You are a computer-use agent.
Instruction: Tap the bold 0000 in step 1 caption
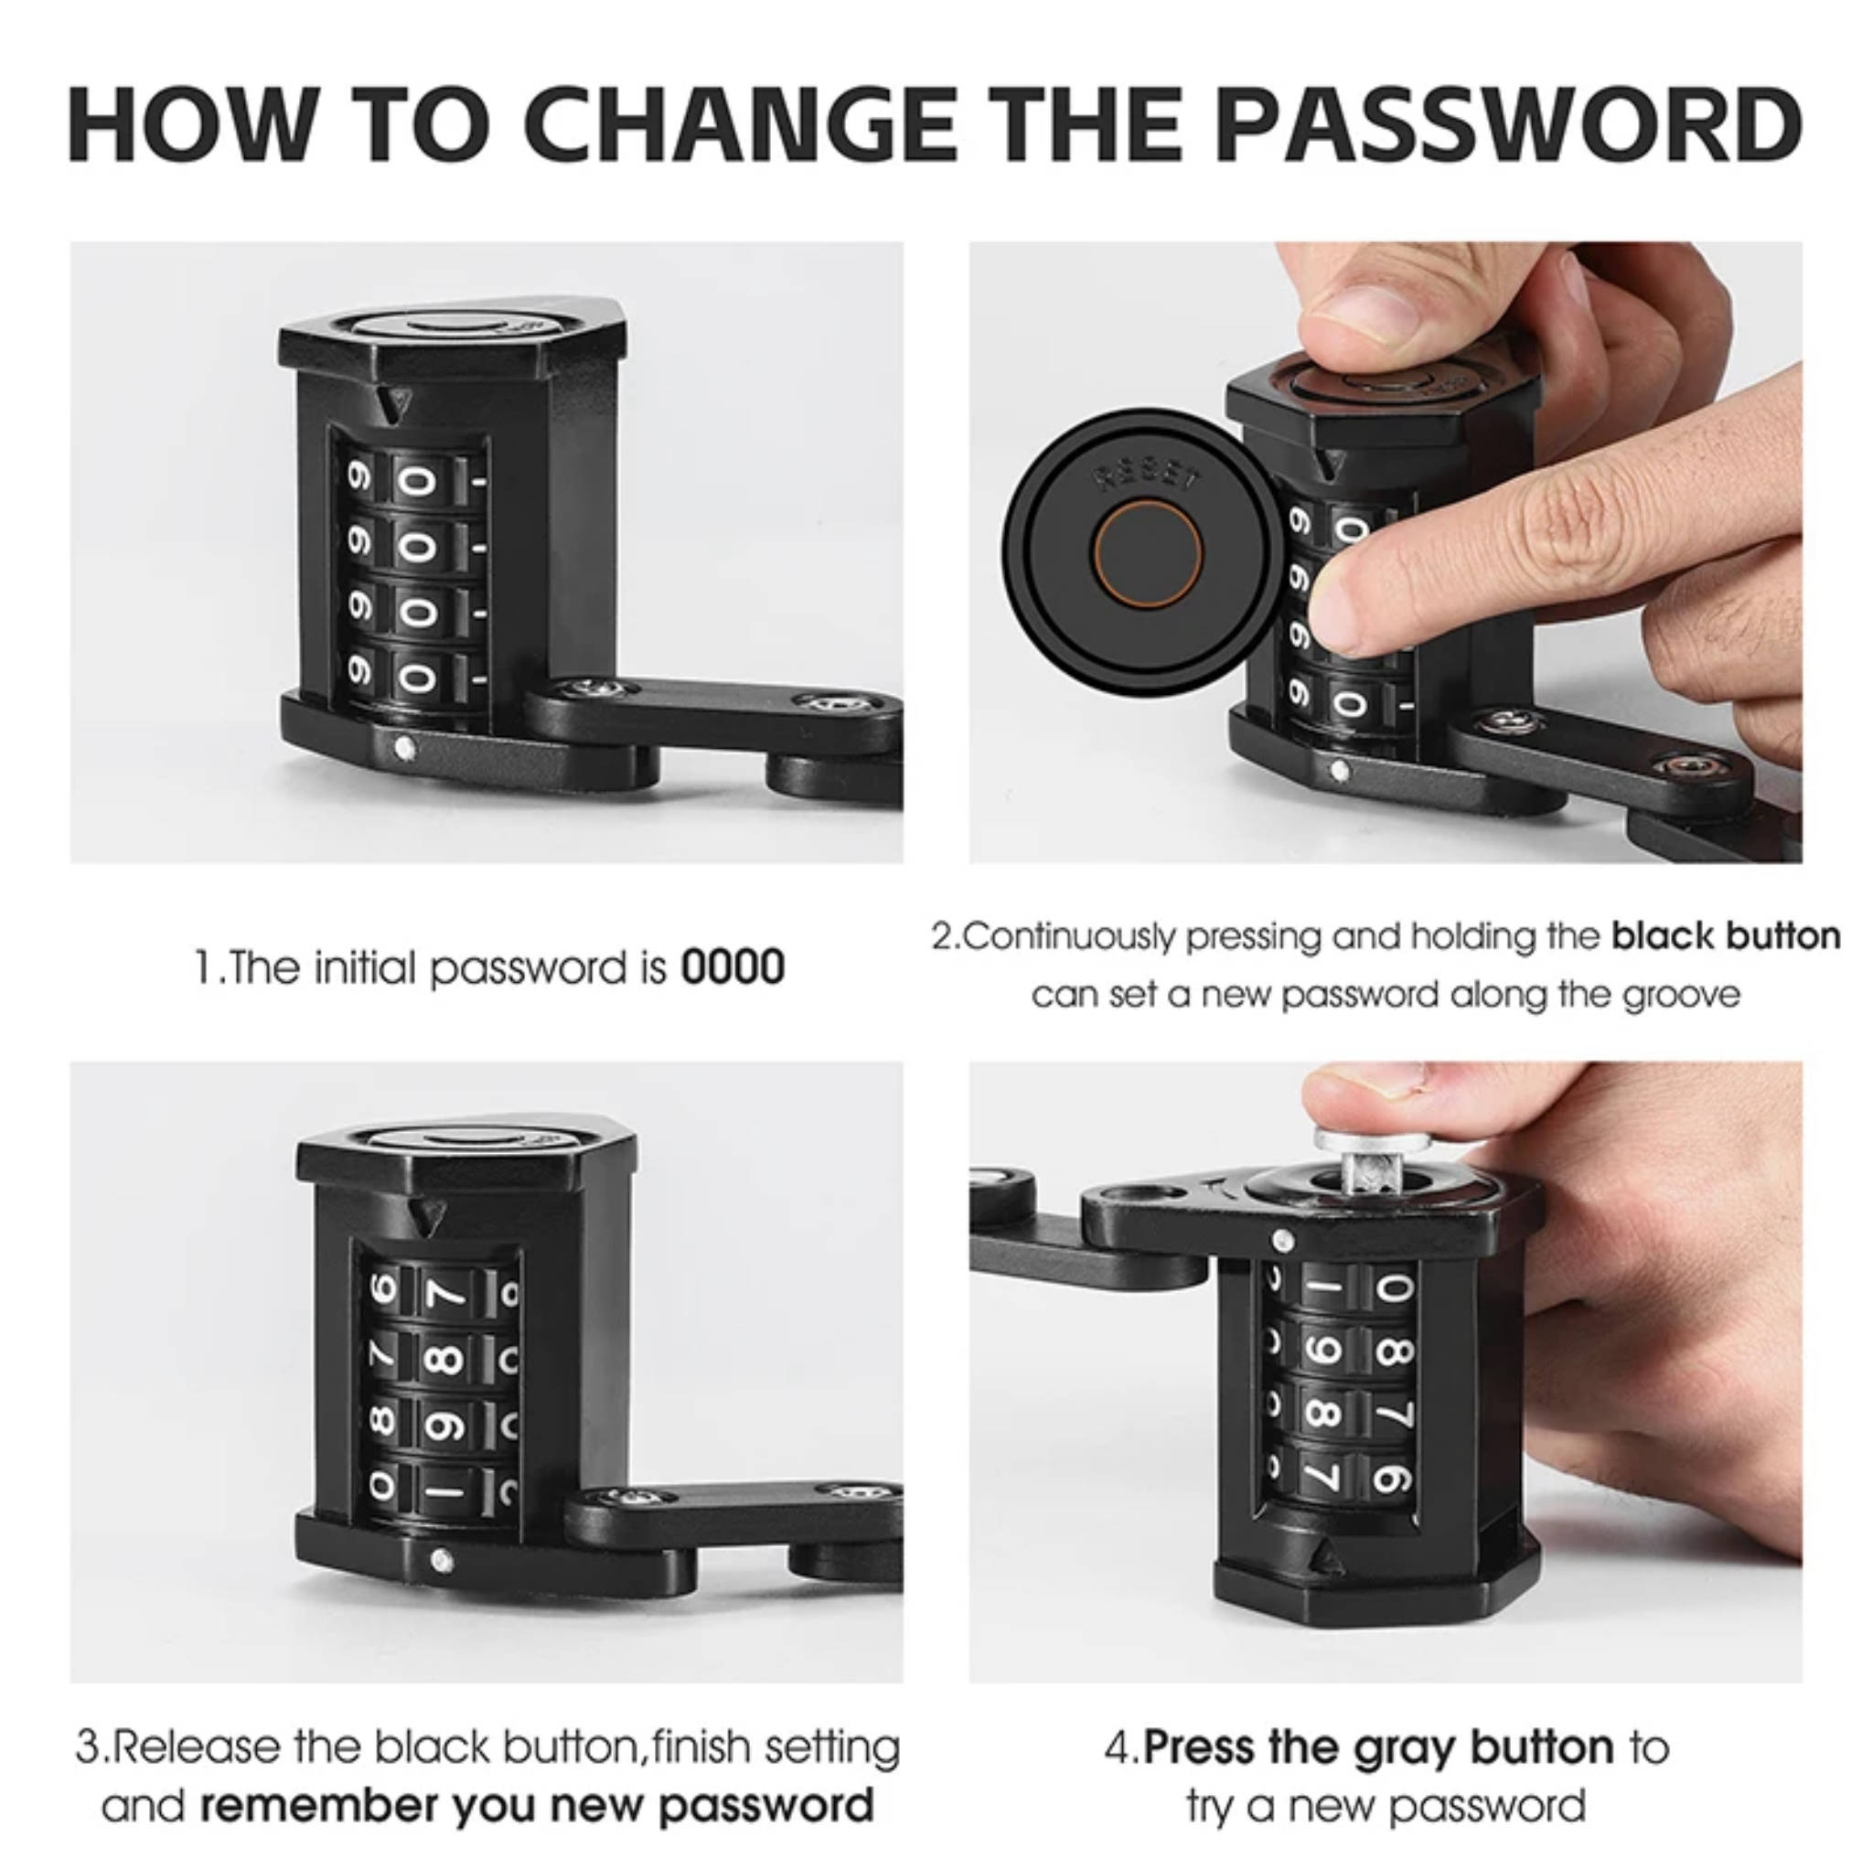pyautogui.click(x=733, y=967)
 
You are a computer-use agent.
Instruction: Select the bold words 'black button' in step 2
pyautogui.click(x=1726, y=936)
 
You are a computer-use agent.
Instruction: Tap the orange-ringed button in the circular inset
pyautogui.click(x=1148, y=555)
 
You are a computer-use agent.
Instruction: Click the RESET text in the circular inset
pyautogui.click(x=1148, y=478)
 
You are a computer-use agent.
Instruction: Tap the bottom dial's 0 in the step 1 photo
pyautogui.click(x=419, y=678)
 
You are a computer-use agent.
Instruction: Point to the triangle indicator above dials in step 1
pyautogui.click(x=392, y=403)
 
